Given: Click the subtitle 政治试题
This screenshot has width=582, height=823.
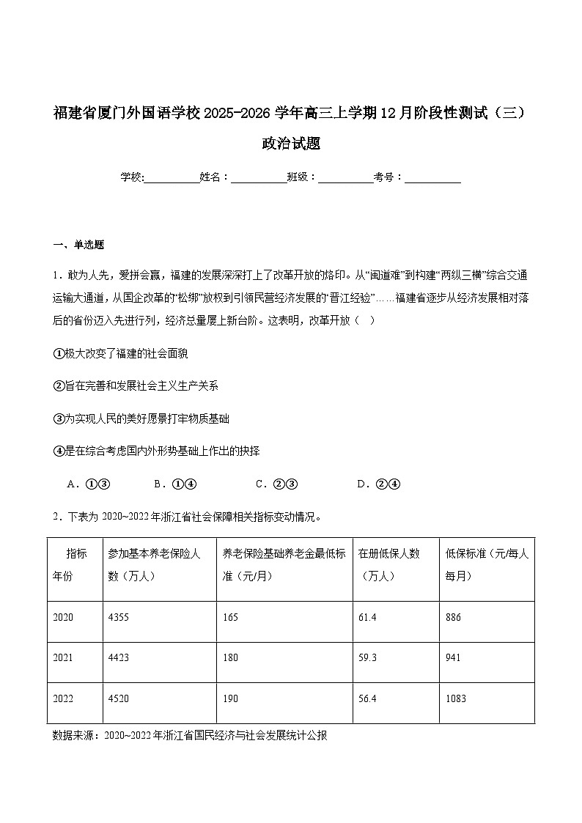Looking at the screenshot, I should [x=291, y=144].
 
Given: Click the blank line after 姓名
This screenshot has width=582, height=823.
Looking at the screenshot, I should [x=259, y=178].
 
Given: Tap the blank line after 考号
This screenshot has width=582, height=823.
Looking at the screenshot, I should [x=432, y=178].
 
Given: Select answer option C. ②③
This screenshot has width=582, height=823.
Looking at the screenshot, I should [x=276, y=484].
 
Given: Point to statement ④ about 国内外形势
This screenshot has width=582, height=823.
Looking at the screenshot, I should [x=156, y=451].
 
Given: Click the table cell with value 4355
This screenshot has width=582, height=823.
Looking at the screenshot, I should [x=118, y=618].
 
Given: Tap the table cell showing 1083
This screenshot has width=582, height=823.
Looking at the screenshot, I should [x=455, y=698].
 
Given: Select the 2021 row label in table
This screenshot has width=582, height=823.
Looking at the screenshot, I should [x=63, y=658].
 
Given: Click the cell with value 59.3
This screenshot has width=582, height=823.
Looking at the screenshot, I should [x=367, y=658].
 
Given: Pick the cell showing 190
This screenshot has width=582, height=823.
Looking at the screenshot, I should [x=230, y=698].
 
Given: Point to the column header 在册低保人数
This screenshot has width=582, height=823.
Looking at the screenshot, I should [x=389, y=564].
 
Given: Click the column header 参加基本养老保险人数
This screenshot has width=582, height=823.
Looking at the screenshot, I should [x=154, y=564].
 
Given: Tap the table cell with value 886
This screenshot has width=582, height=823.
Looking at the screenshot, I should [x=453, y=618].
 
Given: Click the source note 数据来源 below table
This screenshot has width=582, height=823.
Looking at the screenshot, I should [x=190, y=735].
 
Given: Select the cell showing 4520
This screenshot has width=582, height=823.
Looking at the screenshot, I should [x=118, y=698].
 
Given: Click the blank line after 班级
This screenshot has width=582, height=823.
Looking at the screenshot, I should [x=346, y=178].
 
